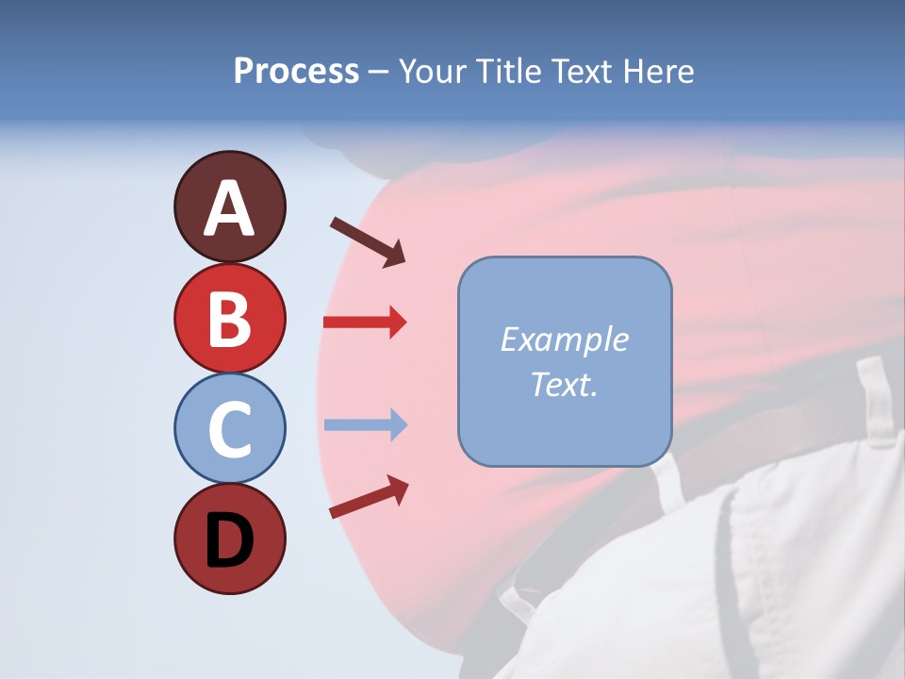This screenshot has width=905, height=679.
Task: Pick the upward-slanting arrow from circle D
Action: click(369, 497)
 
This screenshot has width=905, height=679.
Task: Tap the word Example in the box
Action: click(565, 339)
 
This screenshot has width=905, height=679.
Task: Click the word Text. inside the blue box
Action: click(565, 384)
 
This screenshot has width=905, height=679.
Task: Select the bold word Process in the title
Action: click(296, 71)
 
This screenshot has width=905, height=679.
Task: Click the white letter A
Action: click(229, 209)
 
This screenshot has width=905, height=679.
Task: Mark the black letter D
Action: click(229, 540)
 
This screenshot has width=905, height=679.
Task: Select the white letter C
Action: click(229, 430)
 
